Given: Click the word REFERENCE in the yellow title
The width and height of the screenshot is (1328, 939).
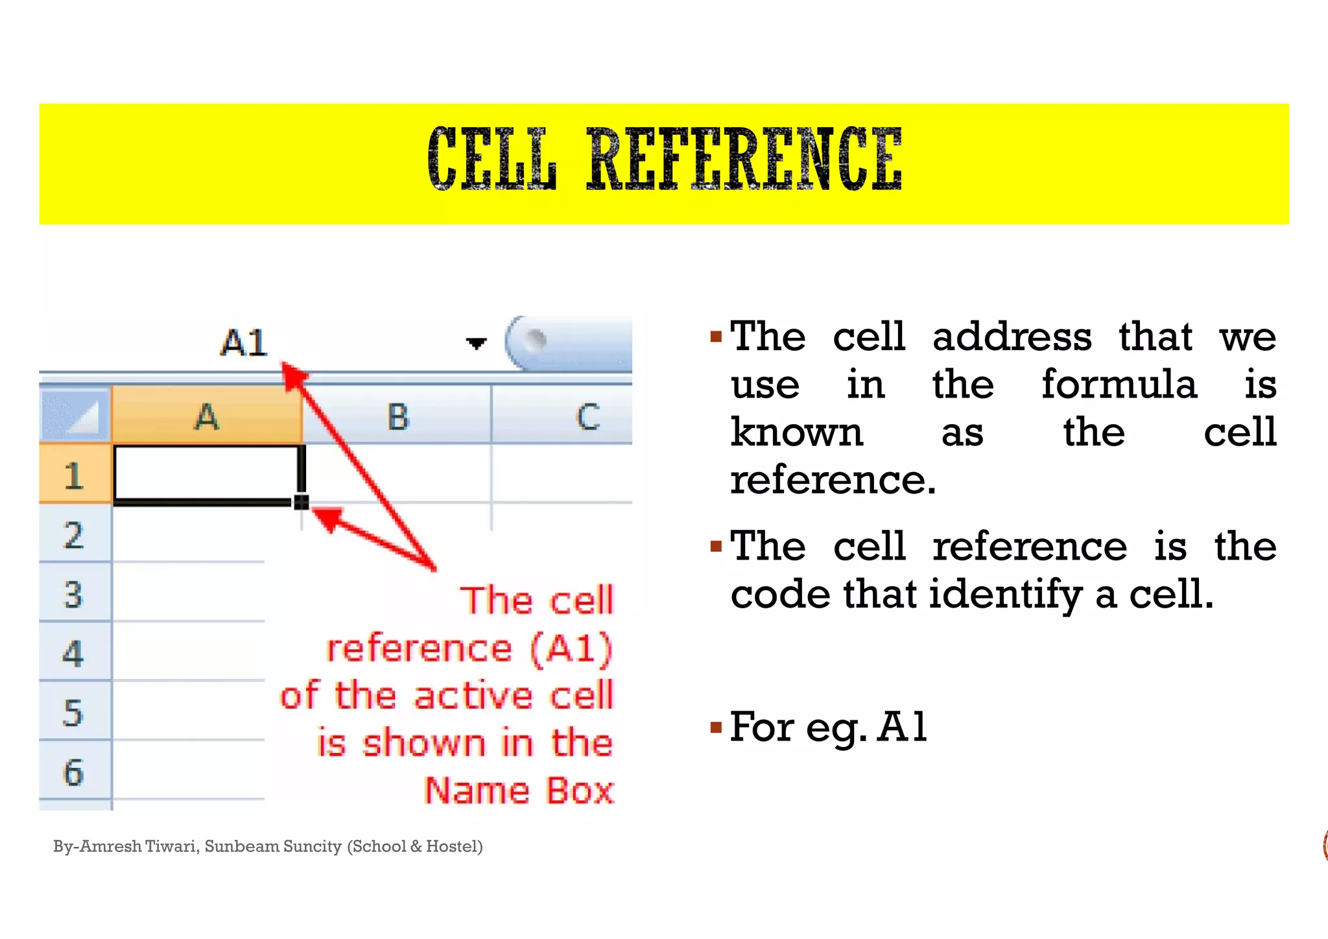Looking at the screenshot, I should tap(744, 160).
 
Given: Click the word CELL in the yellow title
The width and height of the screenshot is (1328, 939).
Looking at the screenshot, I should tap(492, 160).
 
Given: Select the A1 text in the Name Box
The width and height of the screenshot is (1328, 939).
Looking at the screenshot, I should tap(244, 342).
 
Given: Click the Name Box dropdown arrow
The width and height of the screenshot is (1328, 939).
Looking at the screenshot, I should tap(476, 343).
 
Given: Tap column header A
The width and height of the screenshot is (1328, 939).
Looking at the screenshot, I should tap(207, 416).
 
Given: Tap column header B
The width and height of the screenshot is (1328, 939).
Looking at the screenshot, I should tap(397, 416).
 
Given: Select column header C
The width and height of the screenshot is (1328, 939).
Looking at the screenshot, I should tap(587, 416).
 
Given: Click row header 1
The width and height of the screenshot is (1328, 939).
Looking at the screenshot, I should tap(74, 475).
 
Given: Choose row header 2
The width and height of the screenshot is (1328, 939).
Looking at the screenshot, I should tap(74, 535).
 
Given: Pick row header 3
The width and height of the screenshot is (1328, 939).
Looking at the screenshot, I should tap(74, 594).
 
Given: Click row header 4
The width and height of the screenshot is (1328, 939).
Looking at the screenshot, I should tap(74, 653).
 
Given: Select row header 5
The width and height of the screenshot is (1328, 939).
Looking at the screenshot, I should tap(74, 713).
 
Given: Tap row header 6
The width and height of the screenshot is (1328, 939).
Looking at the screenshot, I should tap(74, 772).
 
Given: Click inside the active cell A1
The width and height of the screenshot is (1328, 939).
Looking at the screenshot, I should tap(207, 473).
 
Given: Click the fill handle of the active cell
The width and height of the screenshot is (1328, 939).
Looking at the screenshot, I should tap(301, 502).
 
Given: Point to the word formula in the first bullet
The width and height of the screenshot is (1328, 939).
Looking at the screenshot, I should tap(1119, 385).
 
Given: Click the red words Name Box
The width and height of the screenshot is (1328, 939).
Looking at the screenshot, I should tap(519, 790).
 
